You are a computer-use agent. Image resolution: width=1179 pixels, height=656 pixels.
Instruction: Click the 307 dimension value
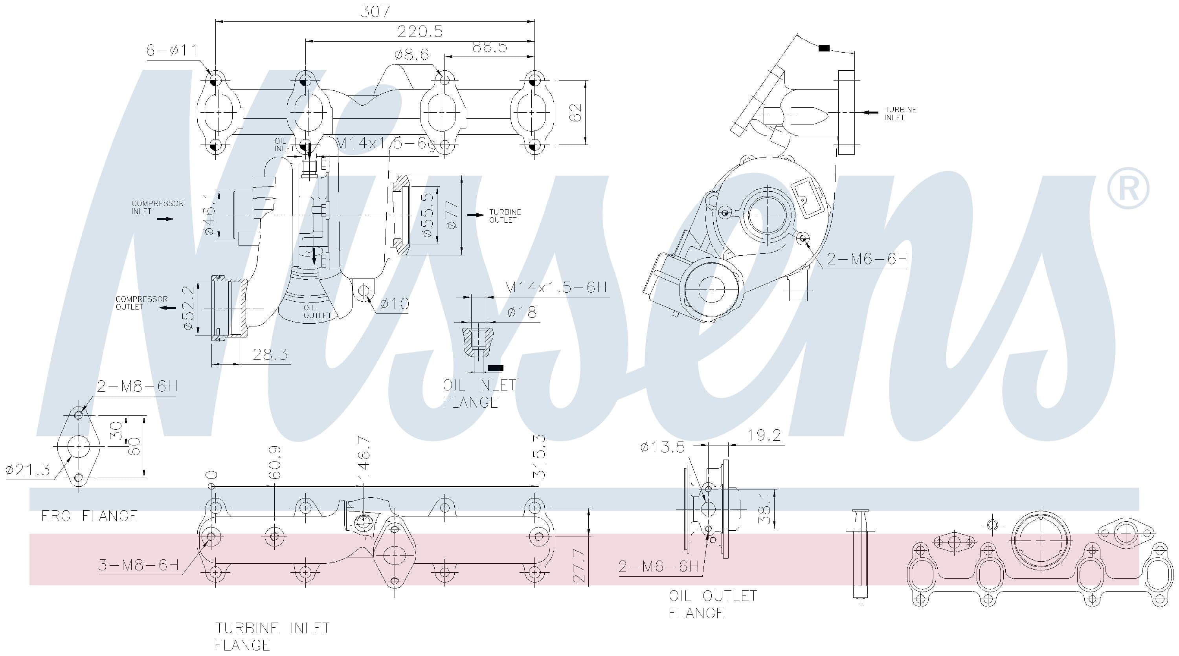[x=375, y=11]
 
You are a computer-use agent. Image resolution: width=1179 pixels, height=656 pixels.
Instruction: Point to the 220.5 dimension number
[x=420, y=31]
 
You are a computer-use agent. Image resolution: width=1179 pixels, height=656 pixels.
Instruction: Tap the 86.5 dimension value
[x=490, y=47]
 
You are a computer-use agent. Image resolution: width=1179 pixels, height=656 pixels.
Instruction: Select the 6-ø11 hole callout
[x=172, y=50]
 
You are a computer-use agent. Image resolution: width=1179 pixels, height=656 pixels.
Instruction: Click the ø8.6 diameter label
[x=412, y=55]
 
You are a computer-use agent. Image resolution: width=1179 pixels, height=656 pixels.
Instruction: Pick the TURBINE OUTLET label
[x=505, y=216]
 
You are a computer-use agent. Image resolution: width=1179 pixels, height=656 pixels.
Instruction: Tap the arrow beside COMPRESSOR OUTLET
[x=167, y=308]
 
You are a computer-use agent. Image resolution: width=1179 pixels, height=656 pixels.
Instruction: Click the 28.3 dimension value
[x=270, y=354]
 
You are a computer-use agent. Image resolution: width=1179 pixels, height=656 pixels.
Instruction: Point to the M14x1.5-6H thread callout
[x=556, y=287]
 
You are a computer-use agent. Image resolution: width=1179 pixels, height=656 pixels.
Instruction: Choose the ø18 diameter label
[x=522, y=312]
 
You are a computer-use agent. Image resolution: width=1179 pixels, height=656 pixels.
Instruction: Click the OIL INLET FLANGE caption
[x=479, y=394]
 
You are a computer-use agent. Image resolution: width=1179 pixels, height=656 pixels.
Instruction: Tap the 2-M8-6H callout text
[x=137, y=387]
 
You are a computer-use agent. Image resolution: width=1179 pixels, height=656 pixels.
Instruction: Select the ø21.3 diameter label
[x=28, y=470]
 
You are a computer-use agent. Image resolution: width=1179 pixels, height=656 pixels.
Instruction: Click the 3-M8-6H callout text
[x=139, y=565]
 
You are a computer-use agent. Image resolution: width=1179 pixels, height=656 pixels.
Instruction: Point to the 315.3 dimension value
[x=540, y=456]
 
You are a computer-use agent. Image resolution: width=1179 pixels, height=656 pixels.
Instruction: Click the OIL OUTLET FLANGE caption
[x=713, y=604]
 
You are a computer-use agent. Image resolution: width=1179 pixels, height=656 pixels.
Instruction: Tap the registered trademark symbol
[x=1128, y=189]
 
